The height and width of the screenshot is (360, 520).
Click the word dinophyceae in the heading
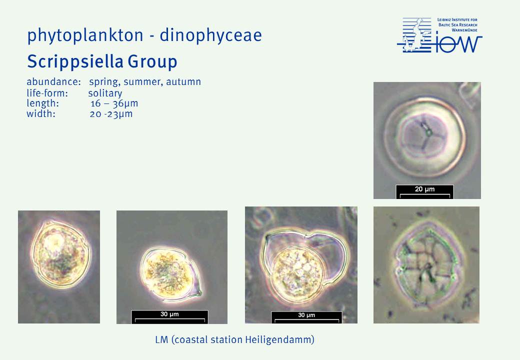click(211, 35)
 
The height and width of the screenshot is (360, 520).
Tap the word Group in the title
click(152, 61)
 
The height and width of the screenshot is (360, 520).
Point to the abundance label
click(53, 81)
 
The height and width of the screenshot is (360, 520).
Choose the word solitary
click(105, 93)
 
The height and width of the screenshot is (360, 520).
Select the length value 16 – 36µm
click(114, 103)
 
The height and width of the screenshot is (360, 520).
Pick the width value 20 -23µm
click(111, 114)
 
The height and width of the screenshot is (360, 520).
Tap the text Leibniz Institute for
click(457, 20)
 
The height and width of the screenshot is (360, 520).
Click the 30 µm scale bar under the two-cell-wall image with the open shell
click(306, 317)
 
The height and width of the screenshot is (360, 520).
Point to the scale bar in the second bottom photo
click(170, 316)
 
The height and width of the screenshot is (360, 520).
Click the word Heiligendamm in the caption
click(279, 340)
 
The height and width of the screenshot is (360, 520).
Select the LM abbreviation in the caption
click(161, 340)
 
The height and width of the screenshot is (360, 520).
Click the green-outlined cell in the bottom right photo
click(427, 264)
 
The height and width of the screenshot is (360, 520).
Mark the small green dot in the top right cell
click(428, 132)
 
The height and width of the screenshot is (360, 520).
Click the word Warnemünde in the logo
click(464, 30)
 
